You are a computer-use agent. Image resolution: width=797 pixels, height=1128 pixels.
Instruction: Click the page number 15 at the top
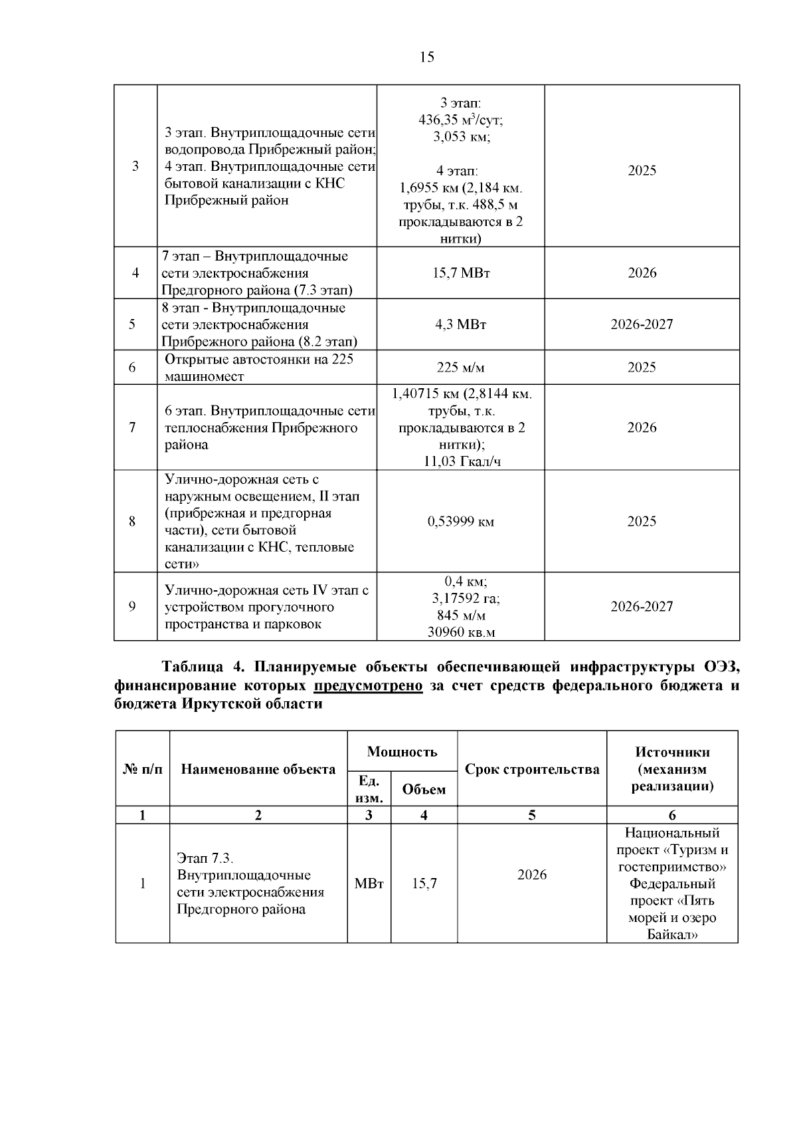tap(427, 57)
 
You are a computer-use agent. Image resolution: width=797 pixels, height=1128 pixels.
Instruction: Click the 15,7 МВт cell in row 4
tap(460, 273)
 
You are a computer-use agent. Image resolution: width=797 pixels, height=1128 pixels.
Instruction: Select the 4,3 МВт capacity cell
tap(460, 325)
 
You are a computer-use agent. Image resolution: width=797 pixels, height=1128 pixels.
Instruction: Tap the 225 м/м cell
tap(460, 368)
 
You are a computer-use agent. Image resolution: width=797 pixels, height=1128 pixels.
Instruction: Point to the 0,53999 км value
tap(460, 522)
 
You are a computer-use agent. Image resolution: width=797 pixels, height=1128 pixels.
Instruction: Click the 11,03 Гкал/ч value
tap(462, 462)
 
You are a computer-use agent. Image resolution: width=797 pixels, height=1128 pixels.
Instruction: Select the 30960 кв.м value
tap(461, 632)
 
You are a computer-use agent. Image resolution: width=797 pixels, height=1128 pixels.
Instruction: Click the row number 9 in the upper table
tap(132, 606)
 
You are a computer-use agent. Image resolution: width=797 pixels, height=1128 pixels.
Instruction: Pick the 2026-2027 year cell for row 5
tap(642, 325)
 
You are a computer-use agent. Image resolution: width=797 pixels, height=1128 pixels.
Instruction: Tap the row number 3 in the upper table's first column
tap(135, 166)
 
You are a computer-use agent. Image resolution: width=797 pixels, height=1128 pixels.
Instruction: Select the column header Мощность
tap(402, 752)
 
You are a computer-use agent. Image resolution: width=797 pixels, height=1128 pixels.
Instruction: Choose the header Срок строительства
tap(532, 770)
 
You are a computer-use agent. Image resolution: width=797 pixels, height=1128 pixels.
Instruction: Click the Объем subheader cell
tap(424, 790)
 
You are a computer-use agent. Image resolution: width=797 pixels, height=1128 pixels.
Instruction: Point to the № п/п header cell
tap(143, 770)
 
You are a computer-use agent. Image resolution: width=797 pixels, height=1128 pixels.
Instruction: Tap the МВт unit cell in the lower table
tap(369, 884)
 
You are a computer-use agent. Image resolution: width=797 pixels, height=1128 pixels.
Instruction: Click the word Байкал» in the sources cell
tap(672, 935)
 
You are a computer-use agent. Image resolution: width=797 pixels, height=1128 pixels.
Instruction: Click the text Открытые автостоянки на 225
tap(259, 360)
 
